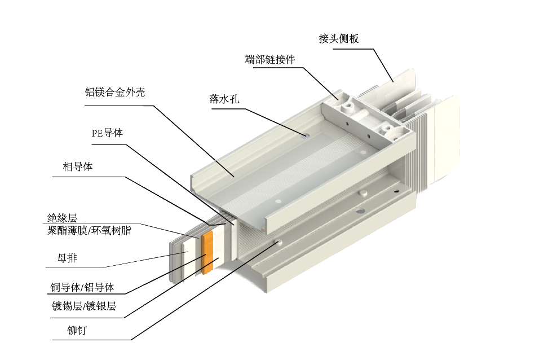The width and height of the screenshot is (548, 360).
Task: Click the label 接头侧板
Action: [x=339, y=38]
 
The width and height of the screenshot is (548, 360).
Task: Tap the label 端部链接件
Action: [x=270, y=59]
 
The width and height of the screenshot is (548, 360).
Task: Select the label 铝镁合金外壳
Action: [x=115, y=92]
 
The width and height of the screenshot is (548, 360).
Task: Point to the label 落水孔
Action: [x=224, y=99]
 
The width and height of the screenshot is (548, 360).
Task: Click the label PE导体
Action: [x=107, y=133]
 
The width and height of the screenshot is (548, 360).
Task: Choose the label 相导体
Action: [x=78, y=166]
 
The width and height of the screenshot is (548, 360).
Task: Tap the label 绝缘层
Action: [x=62, y=218]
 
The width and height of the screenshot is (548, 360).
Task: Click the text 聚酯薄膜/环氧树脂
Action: [x=89, y=230]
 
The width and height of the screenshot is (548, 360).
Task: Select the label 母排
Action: [x=67, y=258]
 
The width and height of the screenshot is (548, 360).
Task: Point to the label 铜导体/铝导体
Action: [x=82, y=288]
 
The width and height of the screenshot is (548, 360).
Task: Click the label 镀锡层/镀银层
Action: [x=84, y=306]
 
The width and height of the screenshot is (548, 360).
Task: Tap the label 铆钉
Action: [x=77, y=330]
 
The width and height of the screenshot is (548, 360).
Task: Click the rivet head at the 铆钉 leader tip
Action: [x=279, y=242]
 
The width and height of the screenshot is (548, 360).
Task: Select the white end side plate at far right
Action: [x=445, y=140]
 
